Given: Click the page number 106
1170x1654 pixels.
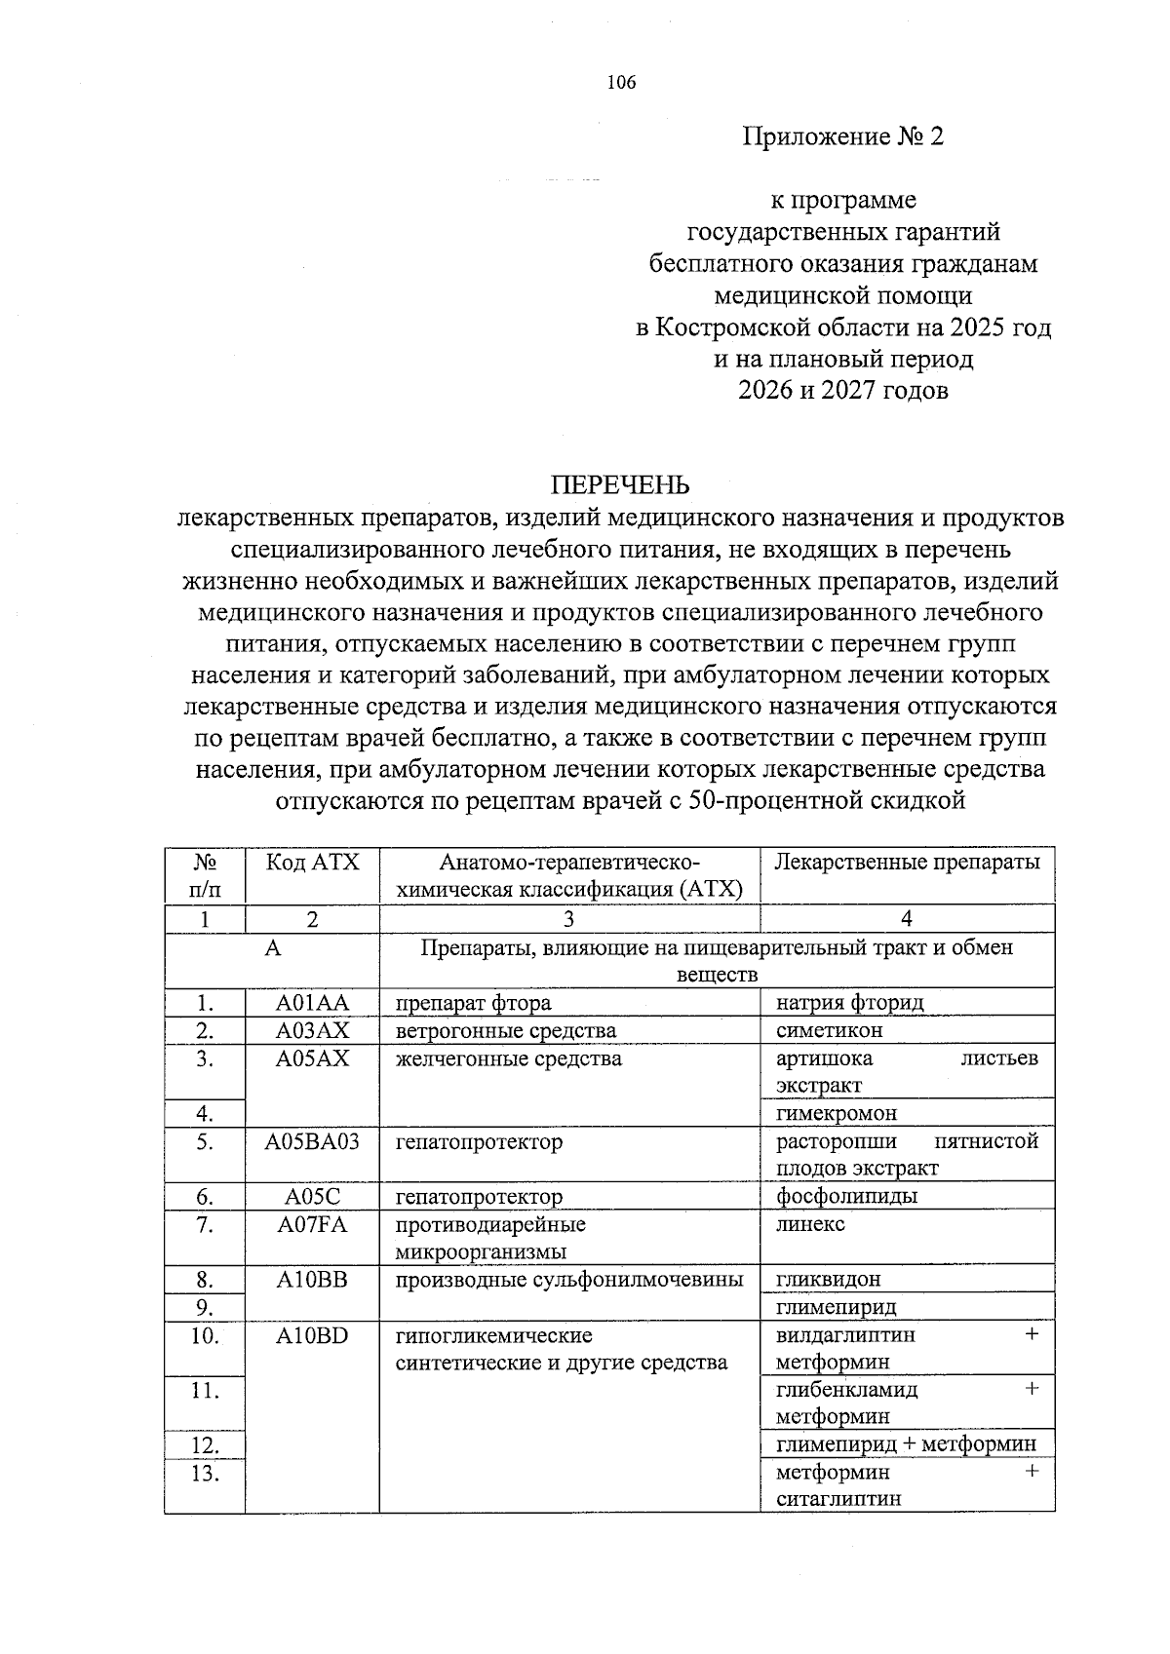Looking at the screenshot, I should (x=620, y=83).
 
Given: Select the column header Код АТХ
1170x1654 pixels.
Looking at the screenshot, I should (x=312, y=863).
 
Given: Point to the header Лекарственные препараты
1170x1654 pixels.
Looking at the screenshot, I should (x=907, y=863).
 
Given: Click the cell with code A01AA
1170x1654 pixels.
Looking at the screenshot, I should (x=312, y=1003).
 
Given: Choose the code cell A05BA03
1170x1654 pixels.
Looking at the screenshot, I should (x=312, y=1141).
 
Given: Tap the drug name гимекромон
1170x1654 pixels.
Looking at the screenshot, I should (x=837, y=1113).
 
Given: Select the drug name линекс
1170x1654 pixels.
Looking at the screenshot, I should (x=810, y=1224).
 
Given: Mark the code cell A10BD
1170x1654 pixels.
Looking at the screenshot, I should (x=312, y=1335).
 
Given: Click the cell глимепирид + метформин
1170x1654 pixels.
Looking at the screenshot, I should (x=906, y=1444).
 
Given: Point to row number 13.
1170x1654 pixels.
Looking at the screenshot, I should (x=205, y=1473).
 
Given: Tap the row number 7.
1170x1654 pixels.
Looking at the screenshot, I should (x=205, y=1224).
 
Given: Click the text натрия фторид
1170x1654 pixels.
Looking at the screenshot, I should (x=849, y=1003).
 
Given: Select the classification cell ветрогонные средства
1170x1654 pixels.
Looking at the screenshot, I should (x=505, y=1030).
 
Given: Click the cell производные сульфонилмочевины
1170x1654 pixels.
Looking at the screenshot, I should (x=568, y=1280).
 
